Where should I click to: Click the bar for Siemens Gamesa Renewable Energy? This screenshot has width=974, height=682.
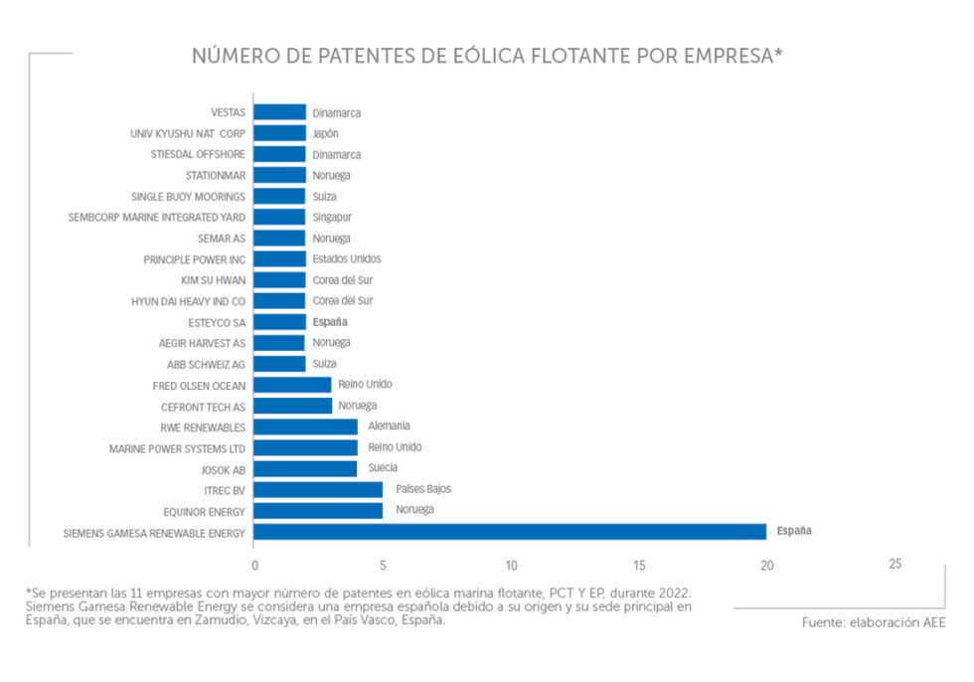point(509,532)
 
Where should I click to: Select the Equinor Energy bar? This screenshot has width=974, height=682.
point(318,511)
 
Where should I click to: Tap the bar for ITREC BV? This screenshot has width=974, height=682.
point(318,490)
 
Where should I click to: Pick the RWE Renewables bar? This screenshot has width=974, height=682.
point(305,426)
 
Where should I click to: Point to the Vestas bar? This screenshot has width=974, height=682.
point(279,112)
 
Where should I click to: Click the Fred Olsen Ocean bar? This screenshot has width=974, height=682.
point(292,385)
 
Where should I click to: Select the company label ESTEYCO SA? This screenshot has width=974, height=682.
point(217,322)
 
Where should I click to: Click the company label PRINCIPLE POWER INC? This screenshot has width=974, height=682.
point(195,259)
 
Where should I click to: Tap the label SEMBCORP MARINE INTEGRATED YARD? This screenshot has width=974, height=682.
point(157,217)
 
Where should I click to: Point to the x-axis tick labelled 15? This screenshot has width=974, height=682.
point(639,566)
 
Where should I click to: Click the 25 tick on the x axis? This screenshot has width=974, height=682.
point(894,564)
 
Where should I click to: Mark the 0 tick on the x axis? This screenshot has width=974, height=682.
point(254,566)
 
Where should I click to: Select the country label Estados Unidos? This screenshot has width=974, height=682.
point(346,258)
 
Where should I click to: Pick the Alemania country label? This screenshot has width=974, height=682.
point(389,426)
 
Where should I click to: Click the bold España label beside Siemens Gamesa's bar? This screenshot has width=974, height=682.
point(794,531)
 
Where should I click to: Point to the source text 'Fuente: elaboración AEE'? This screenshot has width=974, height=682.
point(874,623)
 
